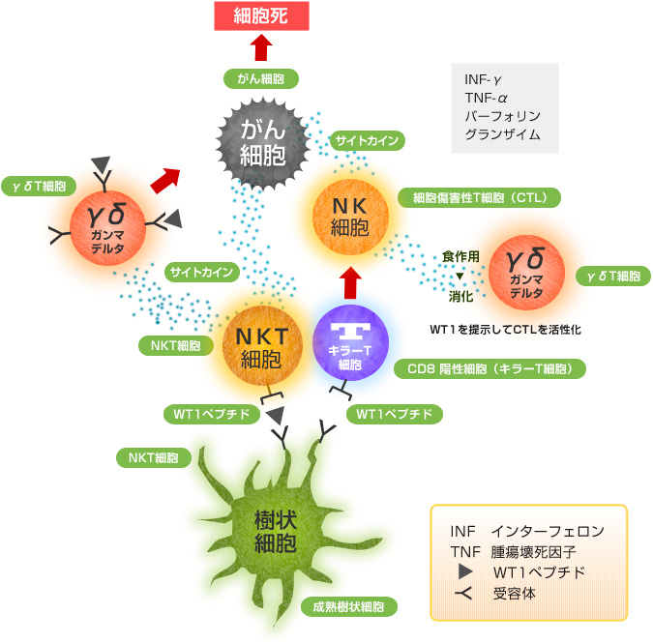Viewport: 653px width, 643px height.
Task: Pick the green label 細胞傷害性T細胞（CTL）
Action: click(480, 198)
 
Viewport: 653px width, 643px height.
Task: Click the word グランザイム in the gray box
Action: click(502, 134)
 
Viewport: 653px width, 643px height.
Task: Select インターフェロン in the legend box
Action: click(547, 531)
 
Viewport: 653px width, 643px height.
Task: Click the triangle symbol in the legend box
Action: click(463, 571)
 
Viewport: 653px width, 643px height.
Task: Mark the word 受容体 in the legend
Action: click(514, 593)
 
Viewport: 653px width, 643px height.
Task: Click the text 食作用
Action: click(460, 256)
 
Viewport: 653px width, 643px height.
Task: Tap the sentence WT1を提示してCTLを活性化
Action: click(505, 329)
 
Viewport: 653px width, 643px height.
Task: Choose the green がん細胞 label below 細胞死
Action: click(260, 78)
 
